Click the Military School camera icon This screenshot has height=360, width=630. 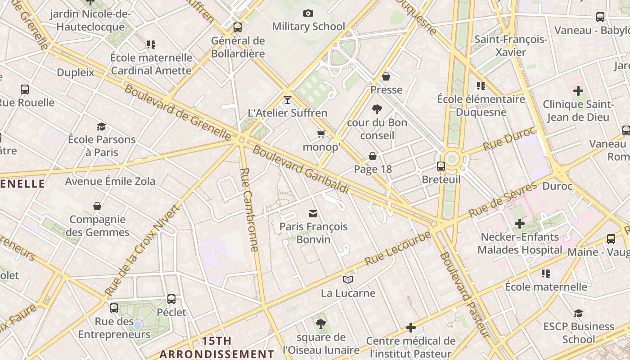(x=308, y=13)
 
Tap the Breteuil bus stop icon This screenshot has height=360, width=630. (x=441, y=166)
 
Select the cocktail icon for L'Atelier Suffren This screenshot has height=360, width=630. (x=288, y=99)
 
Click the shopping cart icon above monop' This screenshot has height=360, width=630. (x=321, y=134)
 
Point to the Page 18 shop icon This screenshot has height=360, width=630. (x=373, y=156)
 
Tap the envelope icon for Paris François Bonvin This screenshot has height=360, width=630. (x=313, y=213)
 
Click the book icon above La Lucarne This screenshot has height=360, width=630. (x=348, y=280)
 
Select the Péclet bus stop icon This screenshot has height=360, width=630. (x=171, y=299)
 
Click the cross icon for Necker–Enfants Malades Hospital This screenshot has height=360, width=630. (x=520, y=224)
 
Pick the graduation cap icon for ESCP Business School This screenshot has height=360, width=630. (x=578, y=313)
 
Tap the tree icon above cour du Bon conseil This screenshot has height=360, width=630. (x=377, y=109)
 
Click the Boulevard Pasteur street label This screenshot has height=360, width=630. (x=464, y=294)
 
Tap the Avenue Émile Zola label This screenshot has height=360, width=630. (x=110, y=181)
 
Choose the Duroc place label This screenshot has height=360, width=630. (x=558, y=186)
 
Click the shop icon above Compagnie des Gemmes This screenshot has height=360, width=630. (x=97, y=206)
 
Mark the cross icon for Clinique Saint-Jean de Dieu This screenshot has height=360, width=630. (x=578, y=91)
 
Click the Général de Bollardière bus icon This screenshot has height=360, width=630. (x=238, y=27)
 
